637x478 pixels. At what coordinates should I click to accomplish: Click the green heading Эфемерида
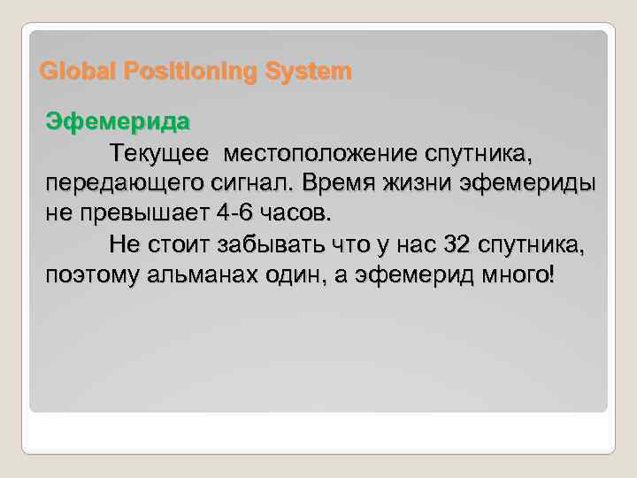click(x=117, y=121)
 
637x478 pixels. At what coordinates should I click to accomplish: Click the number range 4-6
click(x=235, y=213)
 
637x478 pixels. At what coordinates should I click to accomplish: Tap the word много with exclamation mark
click(x=518, y=274)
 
